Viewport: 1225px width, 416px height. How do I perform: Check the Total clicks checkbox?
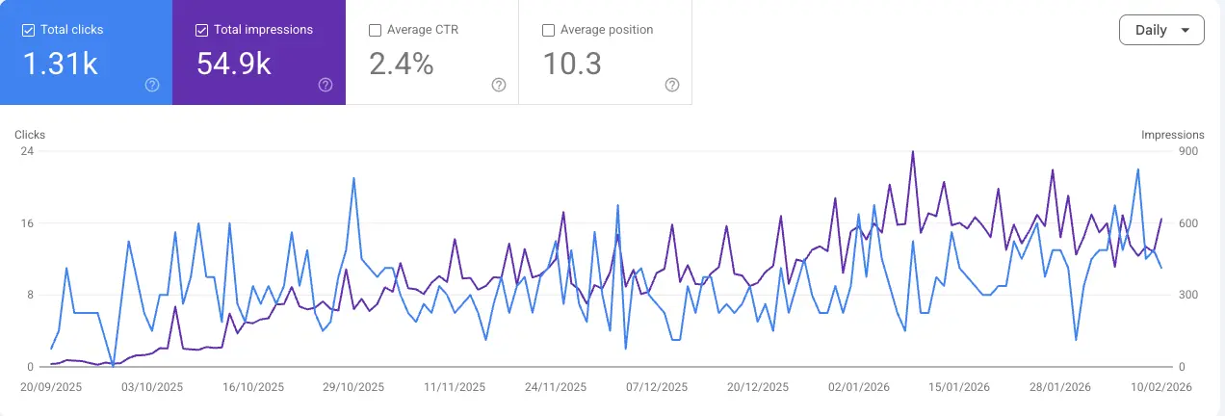click(29, 30)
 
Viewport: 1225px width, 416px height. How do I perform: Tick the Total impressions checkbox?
click(202, 30)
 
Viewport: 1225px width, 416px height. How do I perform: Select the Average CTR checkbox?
click(376, 30)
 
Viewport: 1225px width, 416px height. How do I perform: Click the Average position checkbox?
click(548, 30)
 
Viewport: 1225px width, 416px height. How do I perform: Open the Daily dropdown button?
click(1161, 30)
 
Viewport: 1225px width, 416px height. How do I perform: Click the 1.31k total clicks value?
click(60, 64)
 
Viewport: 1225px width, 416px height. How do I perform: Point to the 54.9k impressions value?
click(234, 64)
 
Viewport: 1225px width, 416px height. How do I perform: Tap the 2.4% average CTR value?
click(402, 64)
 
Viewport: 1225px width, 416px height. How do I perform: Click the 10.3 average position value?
click(572, 64)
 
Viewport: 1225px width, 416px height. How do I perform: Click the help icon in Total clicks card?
click(152, 85)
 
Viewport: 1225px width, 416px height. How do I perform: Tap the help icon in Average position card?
click(672, 85)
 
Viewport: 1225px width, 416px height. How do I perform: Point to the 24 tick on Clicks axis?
click(27, 151)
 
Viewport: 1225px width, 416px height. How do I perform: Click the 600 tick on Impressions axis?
click(1188, 223)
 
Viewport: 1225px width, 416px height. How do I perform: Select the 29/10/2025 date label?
click(353, 387)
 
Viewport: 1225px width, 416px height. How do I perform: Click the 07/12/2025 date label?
click(657, 387)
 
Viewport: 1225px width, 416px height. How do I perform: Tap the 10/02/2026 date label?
click(1161, 387)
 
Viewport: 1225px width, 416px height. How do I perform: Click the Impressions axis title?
click(1172, 135)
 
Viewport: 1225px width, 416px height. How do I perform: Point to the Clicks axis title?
click(30, 135)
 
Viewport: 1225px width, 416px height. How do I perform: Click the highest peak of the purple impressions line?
click(913, 152)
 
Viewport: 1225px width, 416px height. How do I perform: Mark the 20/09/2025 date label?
click(51, 387)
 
